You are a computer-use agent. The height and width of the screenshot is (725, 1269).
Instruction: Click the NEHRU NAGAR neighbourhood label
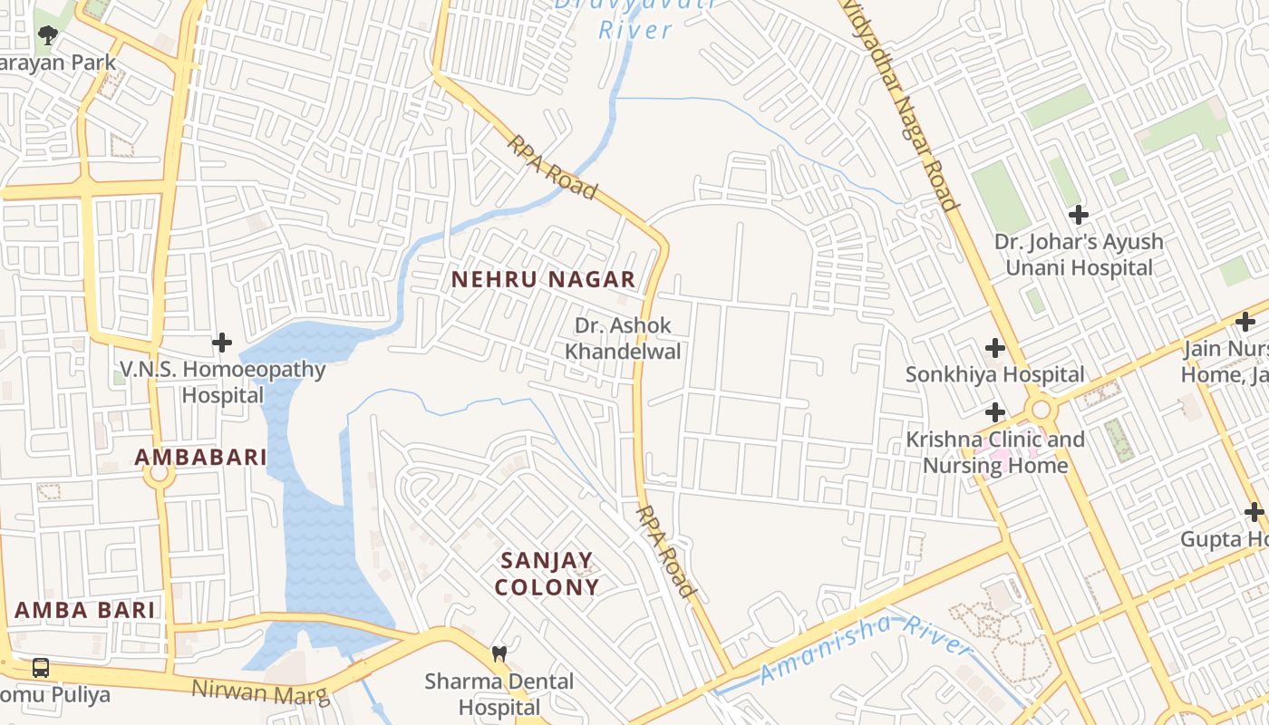[x=543, y=280]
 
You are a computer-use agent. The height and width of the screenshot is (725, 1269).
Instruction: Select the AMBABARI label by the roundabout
[x=200, y=458]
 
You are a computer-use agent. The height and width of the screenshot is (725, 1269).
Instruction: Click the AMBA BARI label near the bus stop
[x=84, y=610]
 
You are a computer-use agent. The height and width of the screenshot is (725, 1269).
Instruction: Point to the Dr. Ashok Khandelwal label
[x=623, y=338]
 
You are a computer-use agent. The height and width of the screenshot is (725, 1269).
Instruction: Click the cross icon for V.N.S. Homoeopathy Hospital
[x=222, y=343]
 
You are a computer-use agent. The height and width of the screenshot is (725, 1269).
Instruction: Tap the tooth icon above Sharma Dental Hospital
[x=499, y=652]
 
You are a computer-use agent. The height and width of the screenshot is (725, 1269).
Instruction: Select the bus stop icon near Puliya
[x=41, y=668]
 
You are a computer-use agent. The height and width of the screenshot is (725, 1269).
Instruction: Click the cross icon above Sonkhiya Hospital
[x=995, y=348]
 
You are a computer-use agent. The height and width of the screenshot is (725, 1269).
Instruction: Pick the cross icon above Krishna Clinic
[x=995, y=412]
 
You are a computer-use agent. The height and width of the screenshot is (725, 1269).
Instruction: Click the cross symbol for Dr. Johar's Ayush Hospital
[x=1078, y=215]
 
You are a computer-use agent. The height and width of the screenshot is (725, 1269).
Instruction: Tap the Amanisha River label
[x=865, y=649]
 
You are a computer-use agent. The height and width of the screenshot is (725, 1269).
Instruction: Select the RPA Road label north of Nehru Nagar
[x=552, y=167]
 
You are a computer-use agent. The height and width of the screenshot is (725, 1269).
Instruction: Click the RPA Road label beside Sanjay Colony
[x=666, y=551]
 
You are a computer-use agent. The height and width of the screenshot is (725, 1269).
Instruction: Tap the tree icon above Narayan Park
[x=48, y=35]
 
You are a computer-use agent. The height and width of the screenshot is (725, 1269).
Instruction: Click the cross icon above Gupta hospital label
[x=1254, y=513]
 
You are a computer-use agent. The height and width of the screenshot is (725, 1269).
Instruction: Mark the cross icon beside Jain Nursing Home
[x=1245, y=321]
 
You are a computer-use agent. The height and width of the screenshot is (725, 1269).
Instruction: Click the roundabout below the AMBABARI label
[x=160, y=473]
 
